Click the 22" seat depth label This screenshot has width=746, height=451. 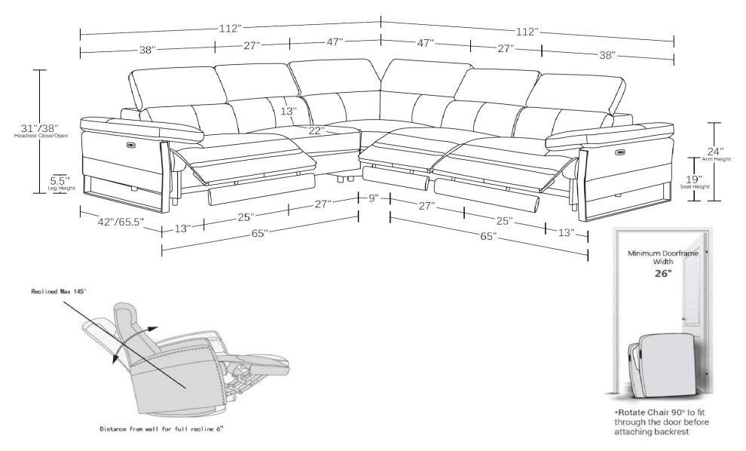(316, 130)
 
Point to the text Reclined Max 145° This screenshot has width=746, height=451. (59, 290)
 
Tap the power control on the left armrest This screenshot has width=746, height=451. (131, 141)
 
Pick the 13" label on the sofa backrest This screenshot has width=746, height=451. (288, 111)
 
